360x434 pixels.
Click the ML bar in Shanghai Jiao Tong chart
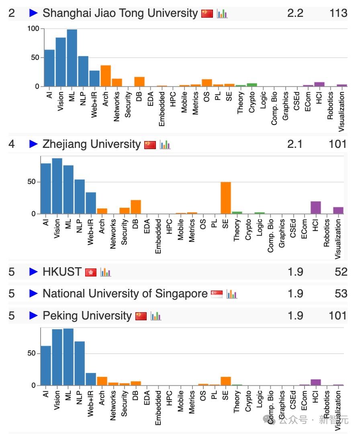tap(72, 58)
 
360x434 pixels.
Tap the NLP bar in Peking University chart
tap(80, 363)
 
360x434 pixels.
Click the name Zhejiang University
tap(92, 144)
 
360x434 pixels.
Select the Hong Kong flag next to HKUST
tap(91, 272)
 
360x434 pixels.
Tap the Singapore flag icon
tap(217, 294)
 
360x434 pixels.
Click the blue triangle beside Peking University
tap(34, 316)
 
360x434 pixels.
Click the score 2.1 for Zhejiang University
tap(295, 144)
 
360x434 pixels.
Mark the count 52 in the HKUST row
tap(341, 272)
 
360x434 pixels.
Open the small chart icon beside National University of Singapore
tap(231, 294)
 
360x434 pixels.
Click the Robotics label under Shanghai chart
tap(330, 106)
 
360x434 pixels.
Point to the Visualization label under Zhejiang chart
tap(338, 239)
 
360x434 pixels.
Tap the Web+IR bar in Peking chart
tap(91, 379)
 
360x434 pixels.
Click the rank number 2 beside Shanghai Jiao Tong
tap(12, 13)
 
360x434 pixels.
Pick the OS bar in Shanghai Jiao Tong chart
tap(207, 82)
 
